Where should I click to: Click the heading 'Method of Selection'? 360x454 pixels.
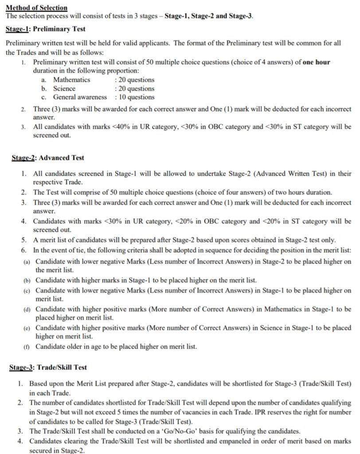(x=36, y=8)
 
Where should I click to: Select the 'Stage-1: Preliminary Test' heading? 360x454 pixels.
(x=46, y=29)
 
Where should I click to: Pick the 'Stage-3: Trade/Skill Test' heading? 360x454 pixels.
(x=48, y=367)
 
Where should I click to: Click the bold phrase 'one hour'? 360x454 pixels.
(x=316, y=62)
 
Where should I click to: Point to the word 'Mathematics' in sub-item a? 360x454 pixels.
(x=72, y=80)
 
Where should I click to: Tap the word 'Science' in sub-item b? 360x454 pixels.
(x=64, y=88)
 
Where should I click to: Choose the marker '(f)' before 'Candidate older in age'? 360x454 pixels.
(x=27, y=346)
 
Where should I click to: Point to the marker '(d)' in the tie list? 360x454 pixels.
(x=27, y=309)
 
